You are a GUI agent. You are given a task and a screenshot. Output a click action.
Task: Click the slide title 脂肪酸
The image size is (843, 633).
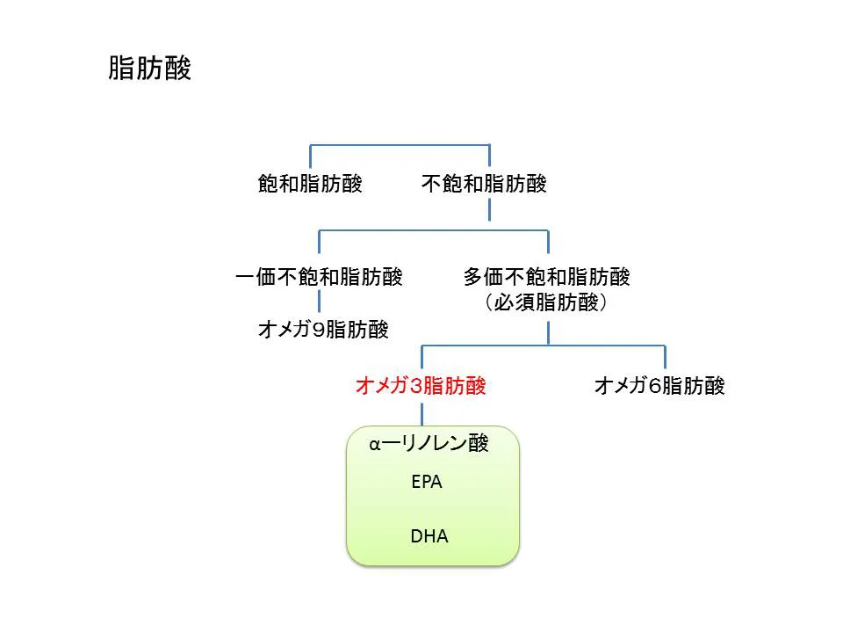[x=149, y=69]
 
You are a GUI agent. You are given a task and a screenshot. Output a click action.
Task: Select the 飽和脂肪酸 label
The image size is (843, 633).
[x=310, y=184]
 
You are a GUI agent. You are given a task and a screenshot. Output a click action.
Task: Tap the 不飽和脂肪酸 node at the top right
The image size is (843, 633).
[x=484, y=184]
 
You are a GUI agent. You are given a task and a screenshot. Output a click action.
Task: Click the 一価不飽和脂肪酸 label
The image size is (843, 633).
[x=319, y=277]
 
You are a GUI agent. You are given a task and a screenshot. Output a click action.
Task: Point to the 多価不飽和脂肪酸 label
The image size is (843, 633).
[x=547, y=277]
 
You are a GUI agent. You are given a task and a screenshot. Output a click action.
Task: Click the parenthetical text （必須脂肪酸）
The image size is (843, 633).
[x=547, y=303]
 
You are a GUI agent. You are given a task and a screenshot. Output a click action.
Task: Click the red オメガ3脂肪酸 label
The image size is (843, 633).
[x=421, y=386]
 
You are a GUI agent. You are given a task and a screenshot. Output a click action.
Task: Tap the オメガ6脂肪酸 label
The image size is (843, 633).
[x=659, y=386]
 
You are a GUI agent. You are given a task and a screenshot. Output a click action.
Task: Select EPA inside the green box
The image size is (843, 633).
[x=427, y=483]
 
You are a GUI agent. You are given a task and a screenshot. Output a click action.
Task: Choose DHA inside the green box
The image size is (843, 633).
[x=429, y=535]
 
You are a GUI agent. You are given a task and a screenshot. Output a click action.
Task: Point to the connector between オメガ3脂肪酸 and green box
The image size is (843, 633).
[x=421, y=413]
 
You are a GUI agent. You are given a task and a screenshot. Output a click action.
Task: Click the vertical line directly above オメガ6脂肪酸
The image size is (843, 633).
[x=665, y=357]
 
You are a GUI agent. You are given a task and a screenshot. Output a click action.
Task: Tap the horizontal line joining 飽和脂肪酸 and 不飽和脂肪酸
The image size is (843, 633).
[x=400, y=144]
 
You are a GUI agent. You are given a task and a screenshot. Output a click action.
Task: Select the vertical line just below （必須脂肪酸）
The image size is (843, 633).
[x=549, y=331]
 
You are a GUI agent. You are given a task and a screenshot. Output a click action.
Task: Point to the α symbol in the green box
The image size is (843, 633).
[x=375, y=445]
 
